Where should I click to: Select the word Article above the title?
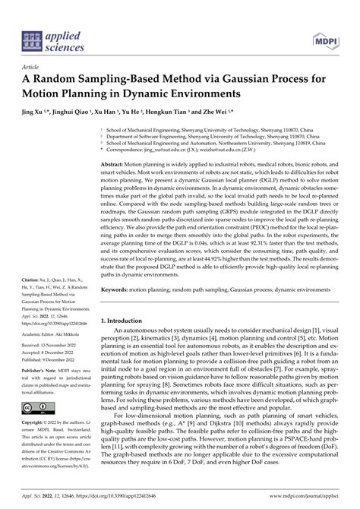click(33, 68)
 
